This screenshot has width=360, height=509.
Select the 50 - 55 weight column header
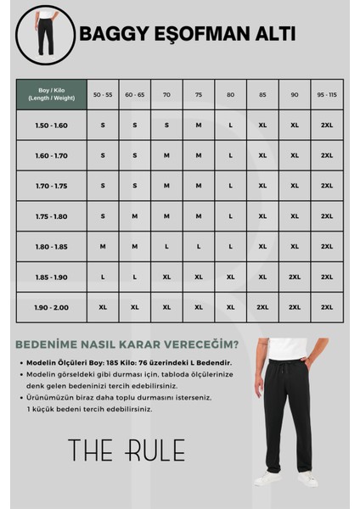(103, 94)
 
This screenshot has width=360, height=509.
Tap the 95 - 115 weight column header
(327, 94)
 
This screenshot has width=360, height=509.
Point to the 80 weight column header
(231, 94)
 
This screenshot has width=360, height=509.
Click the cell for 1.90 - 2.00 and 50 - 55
(103, 307)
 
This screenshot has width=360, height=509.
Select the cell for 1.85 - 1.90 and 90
(295, 277)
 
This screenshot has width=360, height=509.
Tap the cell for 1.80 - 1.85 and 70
(166, 247)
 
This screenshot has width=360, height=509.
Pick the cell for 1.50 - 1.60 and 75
(199, 125)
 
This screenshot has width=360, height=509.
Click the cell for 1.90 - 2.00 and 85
(262, 307)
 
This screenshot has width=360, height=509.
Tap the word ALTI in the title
(271, 35)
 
